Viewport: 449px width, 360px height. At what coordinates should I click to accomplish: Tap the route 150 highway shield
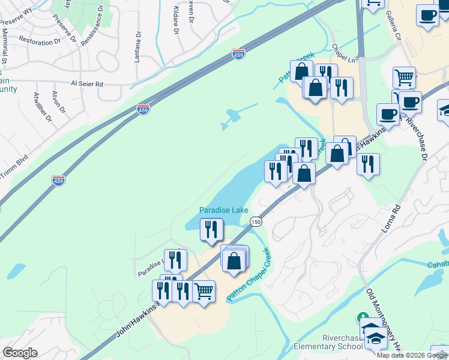coord(256,222)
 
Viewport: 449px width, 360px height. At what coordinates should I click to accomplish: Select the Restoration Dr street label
coord(40,42)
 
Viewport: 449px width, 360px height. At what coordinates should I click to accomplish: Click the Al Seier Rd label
coord(87,84)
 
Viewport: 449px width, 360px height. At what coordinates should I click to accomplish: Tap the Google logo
coord(19,353)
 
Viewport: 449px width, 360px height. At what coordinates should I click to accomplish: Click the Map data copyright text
coord(412,355)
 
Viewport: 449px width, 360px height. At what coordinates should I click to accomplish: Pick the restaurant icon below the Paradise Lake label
coord(211,230)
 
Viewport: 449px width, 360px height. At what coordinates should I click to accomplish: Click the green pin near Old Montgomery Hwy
coord(362,317)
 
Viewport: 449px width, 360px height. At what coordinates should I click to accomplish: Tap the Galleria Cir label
coord(394,26)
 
